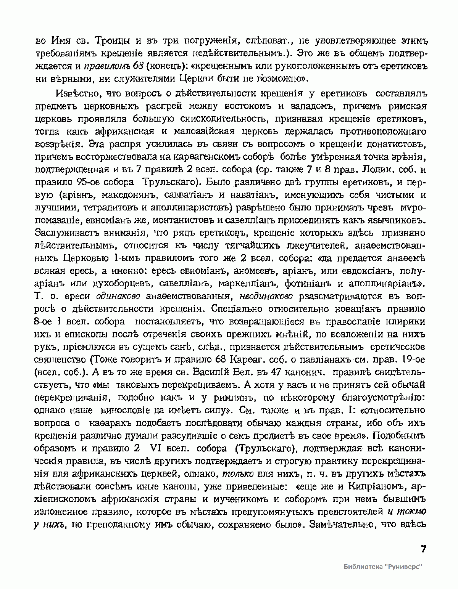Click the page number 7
point(423,549)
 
